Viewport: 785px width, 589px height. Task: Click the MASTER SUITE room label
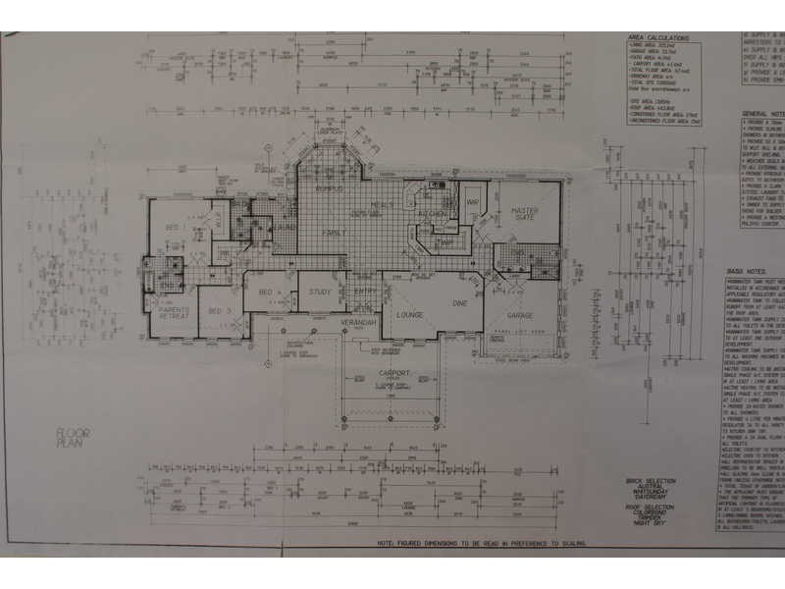coord(527,215)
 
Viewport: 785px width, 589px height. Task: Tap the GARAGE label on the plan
coord(519,316)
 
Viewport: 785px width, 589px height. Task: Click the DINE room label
coord(457,303)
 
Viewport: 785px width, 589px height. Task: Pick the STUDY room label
coord(319,292)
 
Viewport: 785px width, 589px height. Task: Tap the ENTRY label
coord(364,292)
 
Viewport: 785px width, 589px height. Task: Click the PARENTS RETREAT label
coord(174,315)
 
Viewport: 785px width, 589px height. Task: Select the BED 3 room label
coord(217,312)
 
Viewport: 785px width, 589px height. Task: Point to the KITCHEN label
coord(433,213)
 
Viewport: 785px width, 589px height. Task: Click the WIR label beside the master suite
coord(472,202)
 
